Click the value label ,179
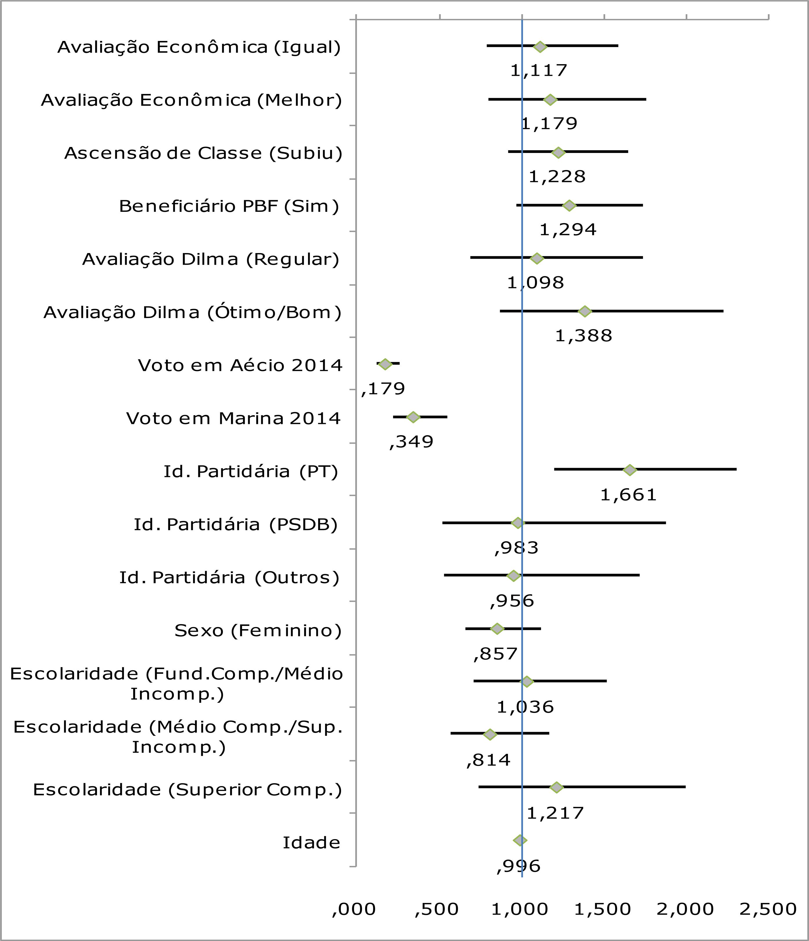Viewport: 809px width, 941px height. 383,389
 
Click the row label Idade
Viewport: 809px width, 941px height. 311,843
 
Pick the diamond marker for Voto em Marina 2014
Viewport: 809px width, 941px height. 413,417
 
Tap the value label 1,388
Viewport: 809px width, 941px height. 584,336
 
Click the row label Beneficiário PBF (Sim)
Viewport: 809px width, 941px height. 229,206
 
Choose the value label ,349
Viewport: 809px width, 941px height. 412,442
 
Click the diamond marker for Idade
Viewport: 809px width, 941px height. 520,841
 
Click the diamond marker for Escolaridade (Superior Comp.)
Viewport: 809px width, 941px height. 556,788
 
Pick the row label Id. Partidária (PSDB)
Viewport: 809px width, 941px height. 235,525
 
